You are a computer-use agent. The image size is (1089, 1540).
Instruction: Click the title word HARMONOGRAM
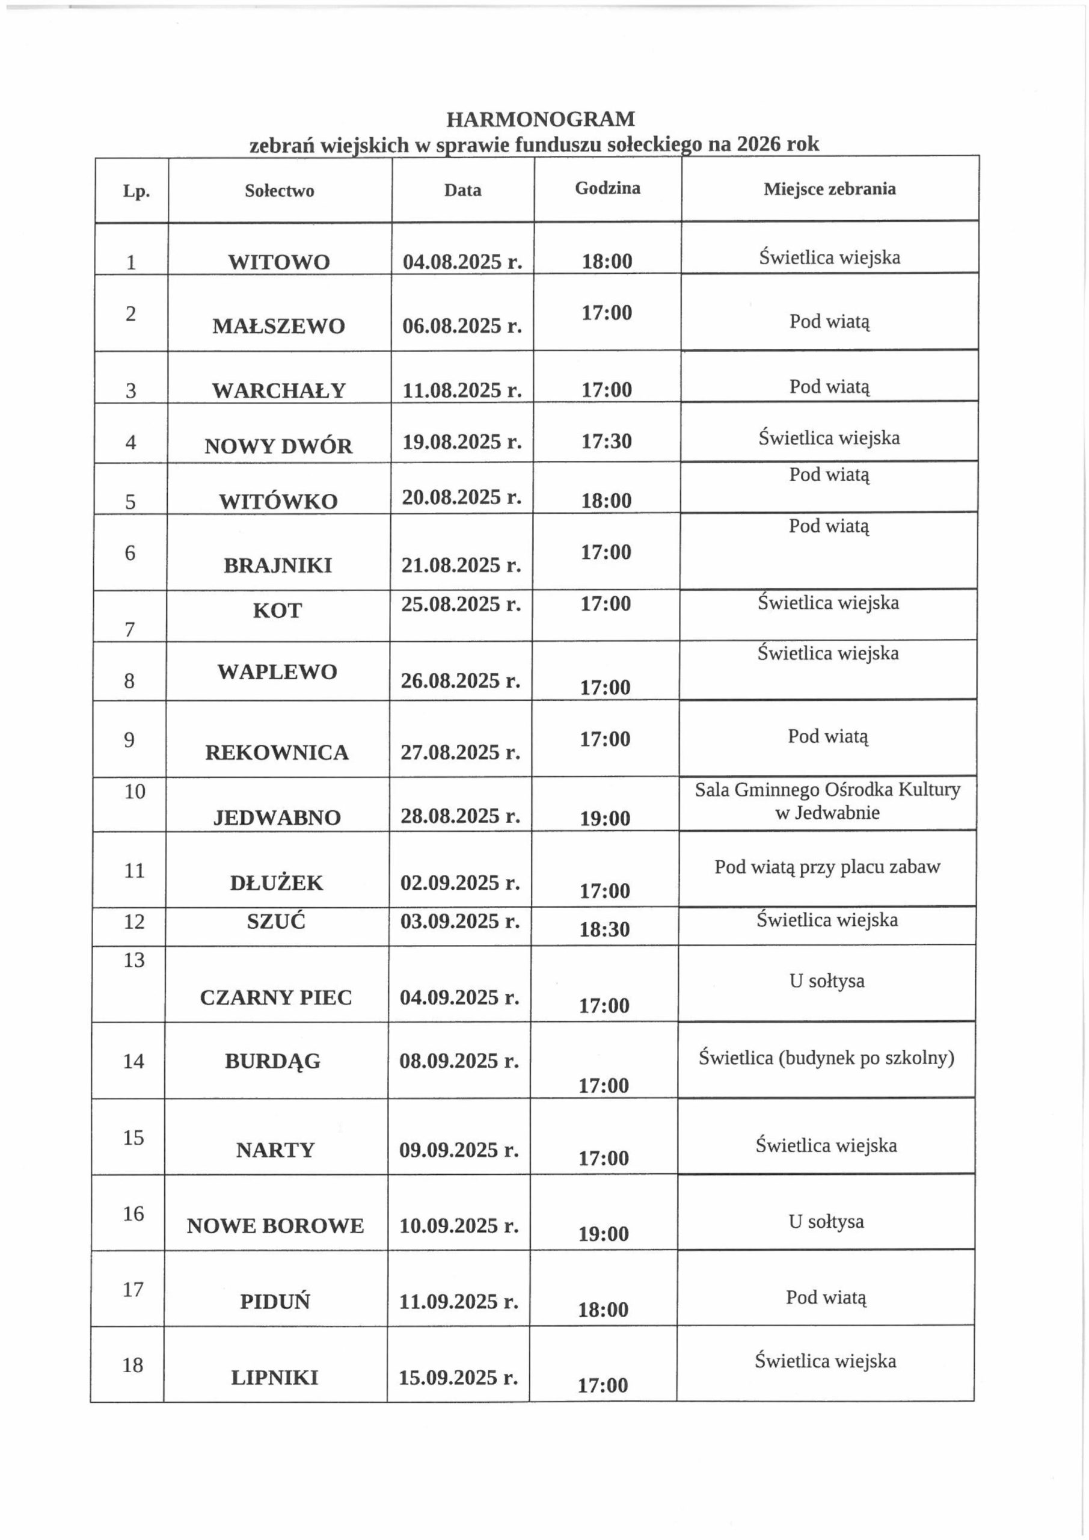click(541, 119)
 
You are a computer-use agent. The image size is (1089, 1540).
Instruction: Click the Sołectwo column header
click(279, 191)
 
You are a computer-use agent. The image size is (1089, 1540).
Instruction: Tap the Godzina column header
click(607, 188)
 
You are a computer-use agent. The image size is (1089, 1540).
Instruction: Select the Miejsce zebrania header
click(829, 189)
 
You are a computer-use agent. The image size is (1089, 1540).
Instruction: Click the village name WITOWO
click(279, 262)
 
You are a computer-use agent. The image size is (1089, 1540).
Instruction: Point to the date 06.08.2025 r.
click(462, 326)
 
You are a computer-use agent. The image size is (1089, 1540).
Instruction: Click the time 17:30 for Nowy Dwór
click(606, 442)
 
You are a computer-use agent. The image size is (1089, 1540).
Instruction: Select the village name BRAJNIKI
click(278, 565)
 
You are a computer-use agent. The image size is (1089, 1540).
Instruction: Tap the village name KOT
click(277, 611)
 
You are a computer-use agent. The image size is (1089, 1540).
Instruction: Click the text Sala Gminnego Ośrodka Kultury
click(827, 789)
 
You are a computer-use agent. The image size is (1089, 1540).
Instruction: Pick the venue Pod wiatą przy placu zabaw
click(827, 867)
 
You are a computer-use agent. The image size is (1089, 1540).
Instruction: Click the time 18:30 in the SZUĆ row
click(604, 929)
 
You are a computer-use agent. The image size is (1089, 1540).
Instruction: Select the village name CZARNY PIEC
click(275, 997)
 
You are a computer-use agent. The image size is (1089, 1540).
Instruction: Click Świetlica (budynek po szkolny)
click(826, 1058)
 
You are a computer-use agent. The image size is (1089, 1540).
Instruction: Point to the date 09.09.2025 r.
click(459, 1150)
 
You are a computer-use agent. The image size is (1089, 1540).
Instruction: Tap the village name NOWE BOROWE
click(275, 1226)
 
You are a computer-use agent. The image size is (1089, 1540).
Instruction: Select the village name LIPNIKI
click(274, 1378)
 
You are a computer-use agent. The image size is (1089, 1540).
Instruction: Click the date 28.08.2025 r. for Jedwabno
click(461, 816)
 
